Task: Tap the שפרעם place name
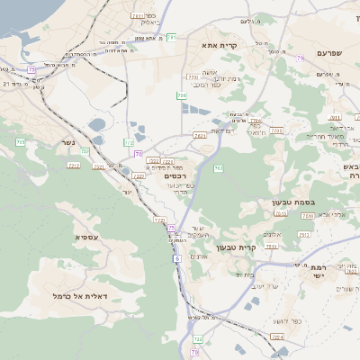pos(331,53)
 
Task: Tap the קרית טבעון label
pos(238,247)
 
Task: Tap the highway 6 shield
pos(178,258)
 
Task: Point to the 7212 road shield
pos(74,166)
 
